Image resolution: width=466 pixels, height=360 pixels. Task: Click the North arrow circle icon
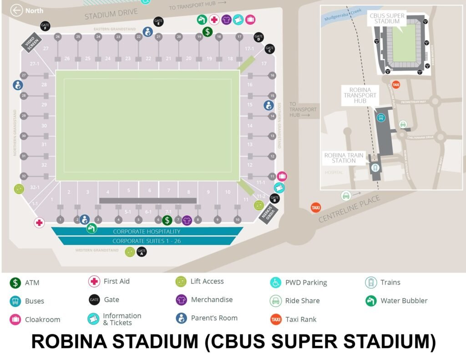(x=17, y=10)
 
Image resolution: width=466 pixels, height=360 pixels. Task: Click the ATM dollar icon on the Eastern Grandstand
(x=208, y=31)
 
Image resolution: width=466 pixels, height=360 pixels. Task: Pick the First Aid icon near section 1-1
(x=40, y=223)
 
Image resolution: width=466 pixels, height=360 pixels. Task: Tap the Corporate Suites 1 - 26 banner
(x=147, y=241)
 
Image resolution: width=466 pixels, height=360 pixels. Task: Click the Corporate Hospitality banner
(x=147, y=231)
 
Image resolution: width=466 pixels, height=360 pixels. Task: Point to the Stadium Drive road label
(x=111, y=14)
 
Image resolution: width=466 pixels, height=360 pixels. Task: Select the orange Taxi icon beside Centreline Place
(x=315, y=208)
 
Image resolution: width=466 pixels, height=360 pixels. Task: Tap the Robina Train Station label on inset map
(x=344, y=158)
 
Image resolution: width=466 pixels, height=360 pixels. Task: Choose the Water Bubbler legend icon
(x=371, y=300)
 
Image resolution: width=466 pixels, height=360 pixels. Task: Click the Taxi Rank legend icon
(x=276, y=319)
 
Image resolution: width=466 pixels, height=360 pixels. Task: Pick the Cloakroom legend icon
(x=15, y=319)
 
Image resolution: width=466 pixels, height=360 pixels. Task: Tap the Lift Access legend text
(x=207, y=281)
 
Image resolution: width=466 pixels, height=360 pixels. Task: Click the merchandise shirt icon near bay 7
(x=187, y=220)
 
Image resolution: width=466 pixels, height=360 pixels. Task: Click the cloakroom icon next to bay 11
(x=282, y=176)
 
